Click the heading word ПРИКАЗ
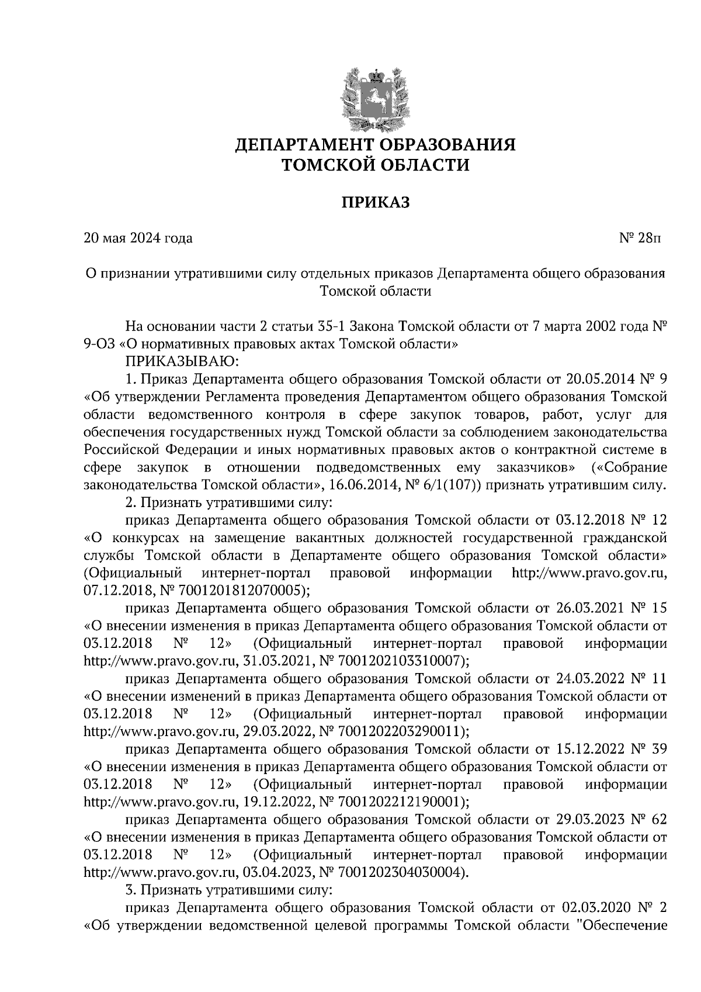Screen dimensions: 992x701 click(x=376, y=203)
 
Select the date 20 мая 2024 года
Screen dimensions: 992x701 click(x=138, y=238)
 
